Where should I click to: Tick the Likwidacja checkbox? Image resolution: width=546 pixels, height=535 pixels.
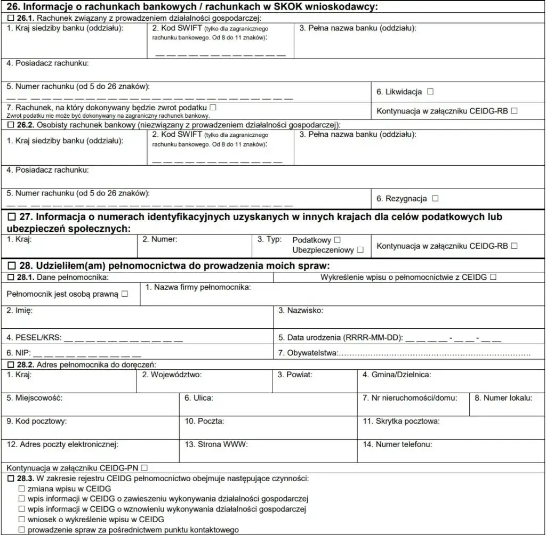430,92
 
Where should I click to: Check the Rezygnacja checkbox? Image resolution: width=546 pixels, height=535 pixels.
435,198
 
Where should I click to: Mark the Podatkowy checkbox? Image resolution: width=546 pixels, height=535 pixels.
337,240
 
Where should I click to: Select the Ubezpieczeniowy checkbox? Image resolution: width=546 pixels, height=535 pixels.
360,249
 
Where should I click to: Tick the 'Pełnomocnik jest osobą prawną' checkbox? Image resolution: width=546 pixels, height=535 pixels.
124,294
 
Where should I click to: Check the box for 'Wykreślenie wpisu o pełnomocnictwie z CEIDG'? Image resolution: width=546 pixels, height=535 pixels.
493,277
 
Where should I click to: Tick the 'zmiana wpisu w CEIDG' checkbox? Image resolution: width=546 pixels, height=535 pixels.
22,489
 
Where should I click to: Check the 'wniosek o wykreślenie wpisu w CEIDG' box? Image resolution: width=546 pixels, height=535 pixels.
22,519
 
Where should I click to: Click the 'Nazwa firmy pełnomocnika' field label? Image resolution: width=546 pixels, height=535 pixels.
202,287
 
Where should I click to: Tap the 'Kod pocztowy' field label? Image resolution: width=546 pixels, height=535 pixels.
37,421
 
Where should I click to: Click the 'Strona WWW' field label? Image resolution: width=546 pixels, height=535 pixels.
216,443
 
